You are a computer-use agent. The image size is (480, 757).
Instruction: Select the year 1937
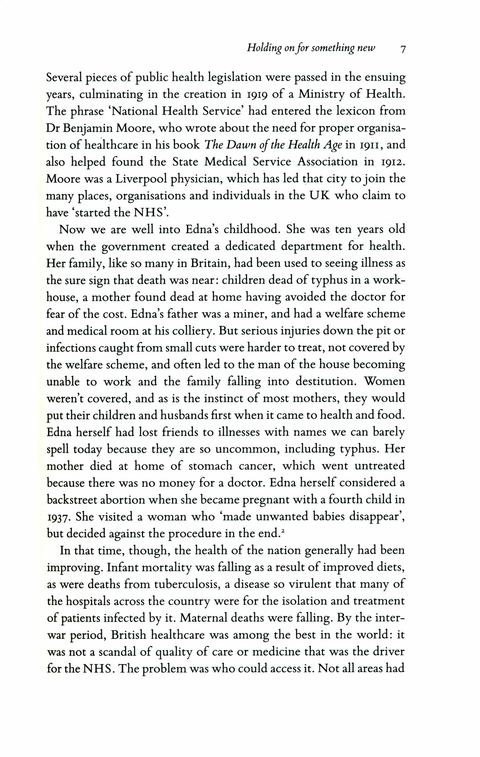(x=57, y=517)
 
